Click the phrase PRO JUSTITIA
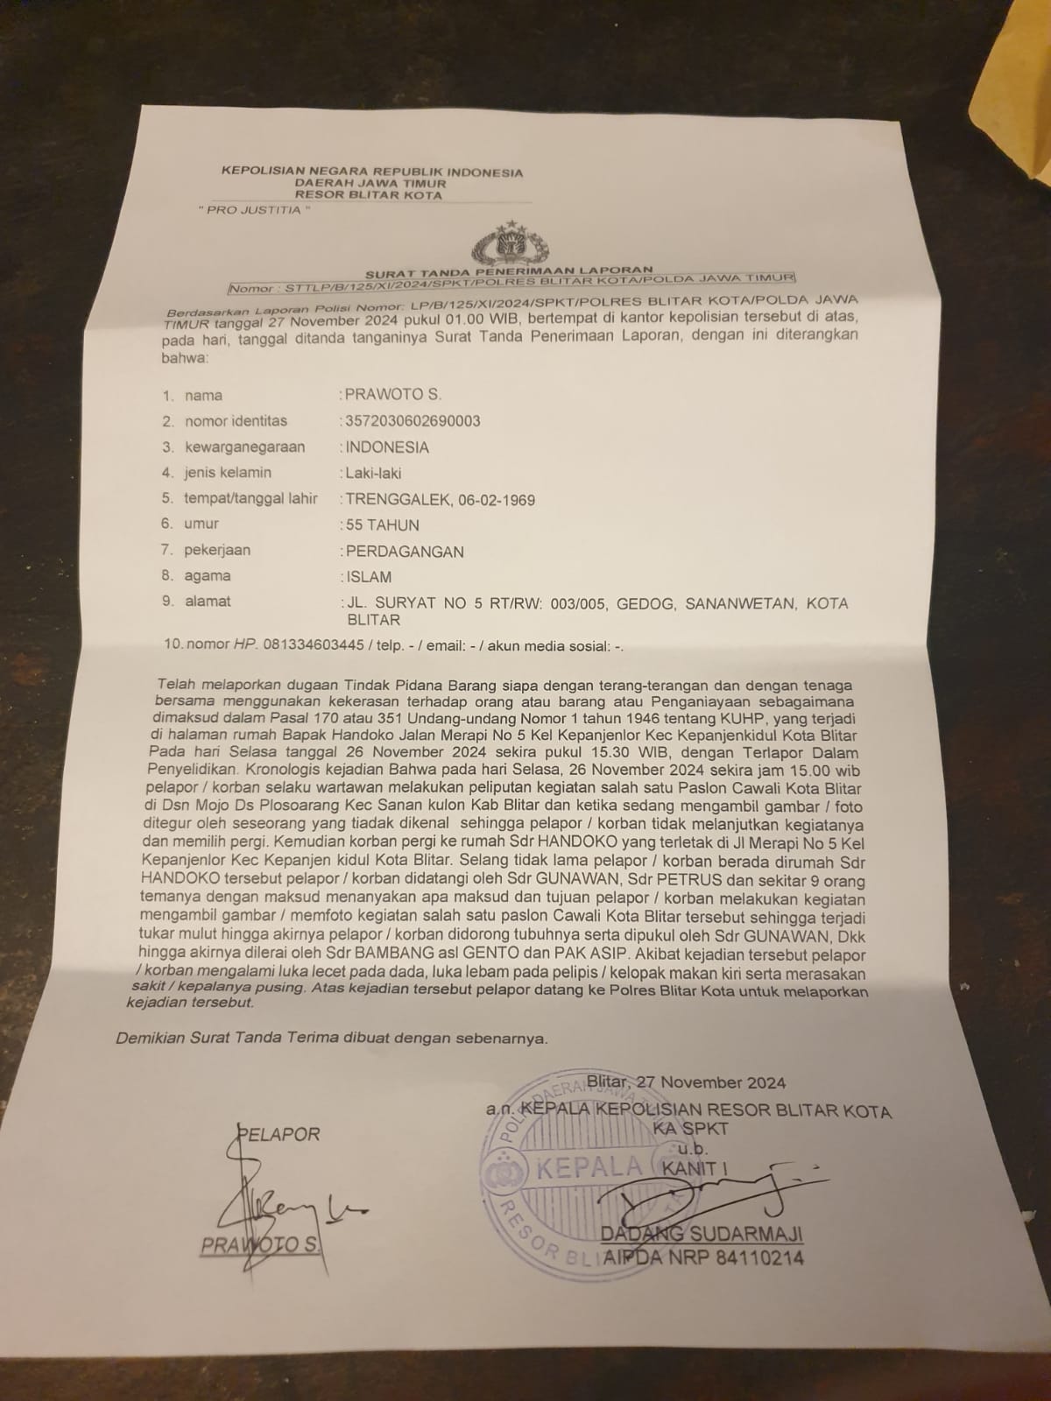253,210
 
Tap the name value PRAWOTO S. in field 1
393,395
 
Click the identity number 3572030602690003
413,421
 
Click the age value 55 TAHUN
383,525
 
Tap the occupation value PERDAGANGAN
405,552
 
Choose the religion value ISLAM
369,577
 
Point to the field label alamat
208,602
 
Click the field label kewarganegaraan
244,447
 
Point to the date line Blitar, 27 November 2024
687,1082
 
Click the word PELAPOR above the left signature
279,1134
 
